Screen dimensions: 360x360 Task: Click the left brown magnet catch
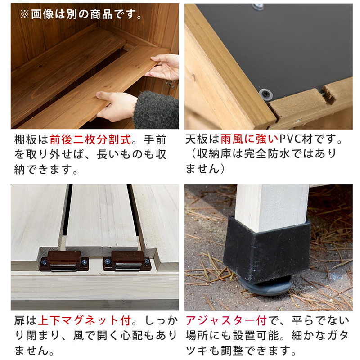tap(64, 261)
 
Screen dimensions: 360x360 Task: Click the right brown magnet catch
tap(127, 261)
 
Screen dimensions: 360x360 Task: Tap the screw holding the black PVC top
tap(266, 94)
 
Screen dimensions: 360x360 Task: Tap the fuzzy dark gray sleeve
tap(156, 110)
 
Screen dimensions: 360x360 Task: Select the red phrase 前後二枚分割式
tap(91, 139)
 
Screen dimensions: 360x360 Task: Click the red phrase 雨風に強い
tap(249, 139)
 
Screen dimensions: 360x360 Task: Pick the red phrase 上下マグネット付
tap(85, 320)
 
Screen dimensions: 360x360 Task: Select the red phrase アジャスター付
tap(226, 320)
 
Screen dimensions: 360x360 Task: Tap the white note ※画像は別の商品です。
tap(81, 14)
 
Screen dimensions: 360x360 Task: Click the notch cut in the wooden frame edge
tap(328, 94)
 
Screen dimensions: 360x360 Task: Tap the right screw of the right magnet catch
tap(147, 261)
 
